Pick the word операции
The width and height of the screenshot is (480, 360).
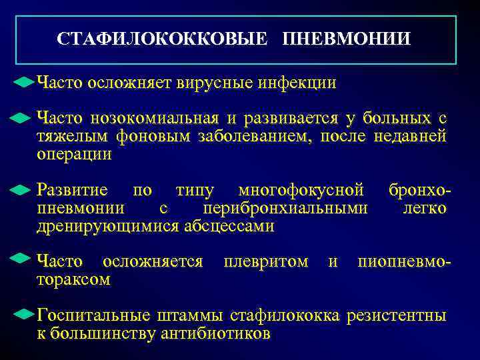click(x=74, y=155)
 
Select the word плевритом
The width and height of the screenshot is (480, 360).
click(x=266, y=261)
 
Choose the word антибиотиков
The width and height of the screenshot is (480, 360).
click(x=216, y=333)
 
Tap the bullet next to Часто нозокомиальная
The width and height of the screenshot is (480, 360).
click(x=21, y=119)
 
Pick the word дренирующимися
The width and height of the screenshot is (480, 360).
click(x=107, y=226)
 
